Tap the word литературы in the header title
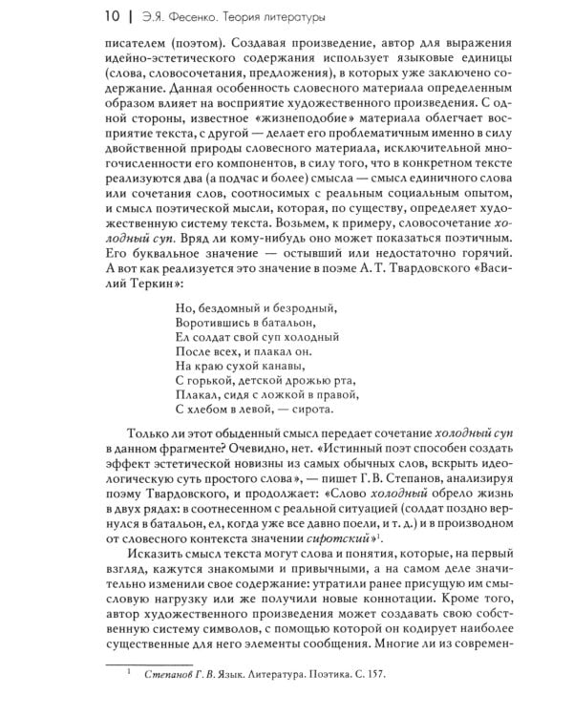click(x=286, y=17)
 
